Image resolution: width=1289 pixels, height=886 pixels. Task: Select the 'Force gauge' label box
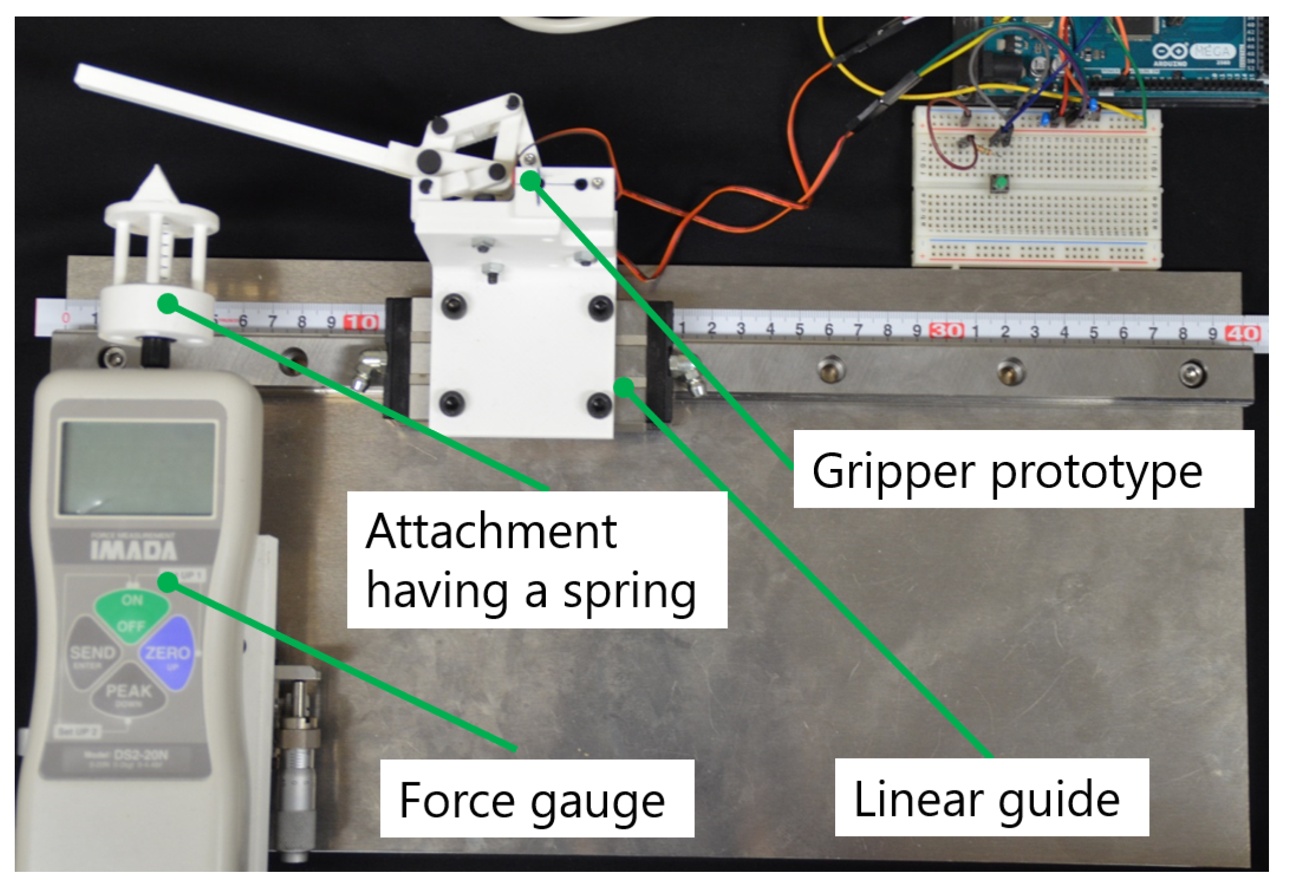point(536,798)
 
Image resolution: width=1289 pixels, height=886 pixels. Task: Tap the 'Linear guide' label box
point(991,797)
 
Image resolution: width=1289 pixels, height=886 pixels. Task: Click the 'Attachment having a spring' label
point(536,560)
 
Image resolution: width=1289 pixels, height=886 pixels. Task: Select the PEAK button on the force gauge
point(128,692)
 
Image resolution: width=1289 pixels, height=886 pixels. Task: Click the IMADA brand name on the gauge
point(134,551)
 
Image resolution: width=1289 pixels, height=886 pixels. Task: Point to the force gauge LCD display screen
point(137,468)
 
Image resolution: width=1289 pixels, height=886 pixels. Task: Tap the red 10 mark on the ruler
point(361,322)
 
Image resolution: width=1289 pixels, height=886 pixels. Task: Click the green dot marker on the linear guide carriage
point(624,387)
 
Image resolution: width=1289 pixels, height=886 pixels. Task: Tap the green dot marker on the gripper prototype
point(531,180)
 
